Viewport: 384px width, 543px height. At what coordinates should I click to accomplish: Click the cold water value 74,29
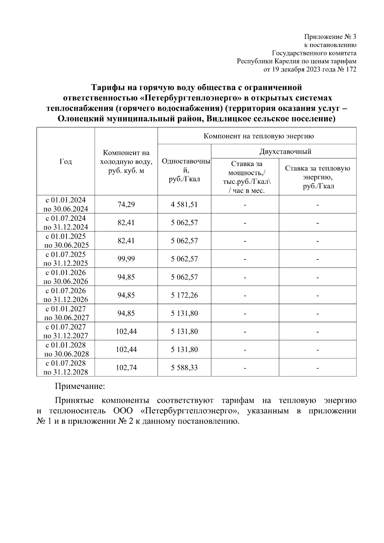(126, 204)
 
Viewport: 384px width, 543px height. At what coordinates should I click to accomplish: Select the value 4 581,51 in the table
(184, 204)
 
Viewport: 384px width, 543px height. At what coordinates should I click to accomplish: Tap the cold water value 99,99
(126, 259)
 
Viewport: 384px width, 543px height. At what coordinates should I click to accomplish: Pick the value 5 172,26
(184, 295)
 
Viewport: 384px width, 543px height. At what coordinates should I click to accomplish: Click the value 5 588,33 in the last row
(184, 368)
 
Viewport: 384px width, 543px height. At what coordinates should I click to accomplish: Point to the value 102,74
(126, 368)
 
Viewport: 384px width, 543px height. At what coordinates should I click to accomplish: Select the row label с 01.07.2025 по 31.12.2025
(66, 259)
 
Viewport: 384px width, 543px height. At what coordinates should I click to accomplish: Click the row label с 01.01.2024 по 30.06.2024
(66, 204)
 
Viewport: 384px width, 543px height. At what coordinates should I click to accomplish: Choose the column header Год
(66, 162)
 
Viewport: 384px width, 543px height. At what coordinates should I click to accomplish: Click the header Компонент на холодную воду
(126, 162)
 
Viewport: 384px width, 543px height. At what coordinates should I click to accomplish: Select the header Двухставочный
(285, 151)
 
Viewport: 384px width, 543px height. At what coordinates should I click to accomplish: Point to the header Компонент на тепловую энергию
(259, 136)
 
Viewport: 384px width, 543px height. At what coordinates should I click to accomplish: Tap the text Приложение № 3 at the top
(330, 36)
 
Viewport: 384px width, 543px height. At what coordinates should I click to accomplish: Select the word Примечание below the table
(80, 387)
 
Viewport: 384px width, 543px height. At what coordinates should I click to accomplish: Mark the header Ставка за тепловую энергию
(317, 177)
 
